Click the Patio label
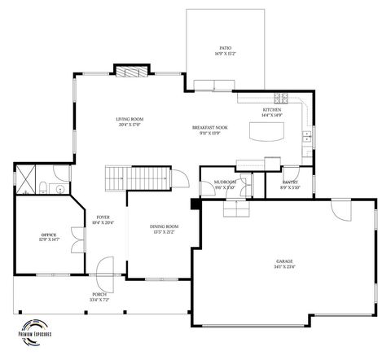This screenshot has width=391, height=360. coord(225,48)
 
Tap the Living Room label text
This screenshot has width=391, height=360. coord(130,120)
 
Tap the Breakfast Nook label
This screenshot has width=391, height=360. coord(209,129)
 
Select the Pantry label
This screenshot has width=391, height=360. coord(291,182)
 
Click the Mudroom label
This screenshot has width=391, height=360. coord(225,182)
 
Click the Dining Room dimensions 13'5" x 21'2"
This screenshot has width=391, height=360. coord(165,231)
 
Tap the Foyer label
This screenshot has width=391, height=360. coord(103,217)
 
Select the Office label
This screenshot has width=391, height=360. coord(49,235)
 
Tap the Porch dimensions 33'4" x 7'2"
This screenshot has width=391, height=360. coord(99,300)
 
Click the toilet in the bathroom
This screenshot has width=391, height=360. coord(41,189)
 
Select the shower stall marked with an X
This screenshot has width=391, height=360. coord(26,177)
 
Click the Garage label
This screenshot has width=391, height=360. coord(284,261)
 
